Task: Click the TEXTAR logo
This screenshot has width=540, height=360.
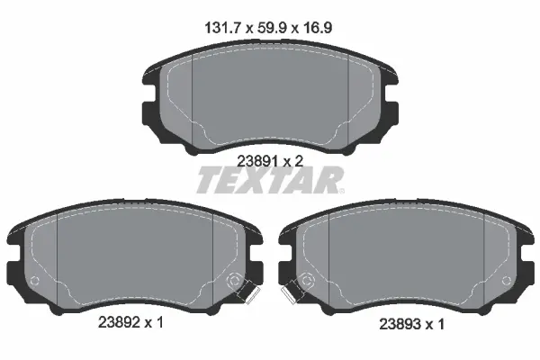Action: pos(269,182)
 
